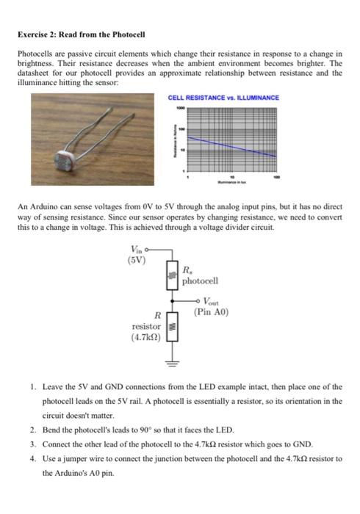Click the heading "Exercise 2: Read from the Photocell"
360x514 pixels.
pyautogui.click(x=82, y=35)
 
